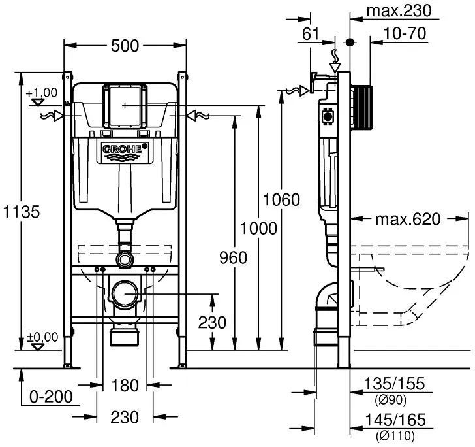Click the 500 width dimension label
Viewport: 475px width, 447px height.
(x=125, y=46)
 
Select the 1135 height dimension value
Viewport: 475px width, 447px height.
(x=21, y=212)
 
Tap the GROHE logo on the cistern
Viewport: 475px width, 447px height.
(x=122, y=149)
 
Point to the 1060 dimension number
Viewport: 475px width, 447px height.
(x=281, y=199)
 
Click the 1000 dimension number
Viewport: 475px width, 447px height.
(x=258, y=228)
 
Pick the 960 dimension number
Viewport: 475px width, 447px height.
(x=234, y=257)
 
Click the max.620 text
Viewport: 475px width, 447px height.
(x=408, y=219)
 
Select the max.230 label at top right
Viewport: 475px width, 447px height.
(x=399, y=11)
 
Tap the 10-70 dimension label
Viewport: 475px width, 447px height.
(x=405, y=33)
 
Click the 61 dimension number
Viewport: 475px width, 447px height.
(x=311, y=34)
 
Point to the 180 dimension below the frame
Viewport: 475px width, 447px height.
(x=125, y=386)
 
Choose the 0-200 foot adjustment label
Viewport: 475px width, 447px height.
(x=51, y=396)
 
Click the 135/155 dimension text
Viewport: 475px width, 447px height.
(x=394, y=384)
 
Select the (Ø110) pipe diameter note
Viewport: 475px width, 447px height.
(x=395, y=436)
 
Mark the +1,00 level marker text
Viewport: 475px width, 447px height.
(x=42, y=93)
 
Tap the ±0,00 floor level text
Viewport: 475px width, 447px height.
(x=42, y=337)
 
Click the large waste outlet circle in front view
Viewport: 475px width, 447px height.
(x=125, y=293)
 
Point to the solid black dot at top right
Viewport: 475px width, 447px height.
(x=350, y=42)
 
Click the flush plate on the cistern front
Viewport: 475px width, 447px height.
(x=125, y=105)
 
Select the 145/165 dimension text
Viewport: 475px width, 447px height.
(x=395, y=420)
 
